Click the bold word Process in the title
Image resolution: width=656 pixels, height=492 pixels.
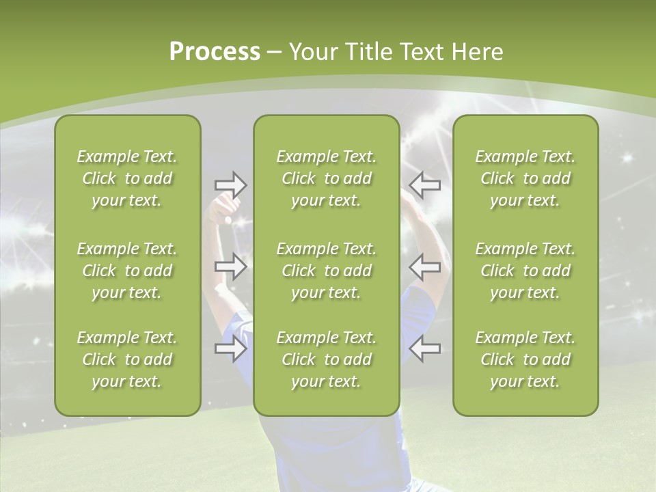pyautogui.click(x=215, y=52)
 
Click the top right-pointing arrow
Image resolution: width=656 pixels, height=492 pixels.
pyautogui.click(x=230, y=184)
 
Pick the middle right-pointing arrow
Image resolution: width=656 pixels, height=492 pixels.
pyautogui.click(x=230, y=266)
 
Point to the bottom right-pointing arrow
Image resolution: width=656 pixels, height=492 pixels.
pyautogui.click(x=230, y=349)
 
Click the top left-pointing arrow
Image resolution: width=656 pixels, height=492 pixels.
pyautogui.click(x=425, y=184)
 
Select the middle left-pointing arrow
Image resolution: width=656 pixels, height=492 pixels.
pyautogui.click(x=425, y=266)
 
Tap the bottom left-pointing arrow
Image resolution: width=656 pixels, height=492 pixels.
pyautogui.click(x=425, y=349)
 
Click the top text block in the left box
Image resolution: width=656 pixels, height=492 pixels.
pyautogui.click(x=127, y=178)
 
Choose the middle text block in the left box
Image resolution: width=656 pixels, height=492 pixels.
pyautogui.click(x=127, y=271)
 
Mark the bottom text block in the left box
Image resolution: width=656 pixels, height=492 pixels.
pyautogui.click(x=127, y=359)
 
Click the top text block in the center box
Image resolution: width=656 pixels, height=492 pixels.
pyautogui.click(x=326, y=178)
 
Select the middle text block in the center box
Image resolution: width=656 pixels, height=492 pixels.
pyautogui.click(x=326, y=271)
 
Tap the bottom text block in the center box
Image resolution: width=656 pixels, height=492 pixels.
pyautogui.click(x=326, y=359)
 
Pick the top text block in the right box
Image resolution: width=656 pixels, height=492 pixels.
pyautogui.click(x=525, y=178)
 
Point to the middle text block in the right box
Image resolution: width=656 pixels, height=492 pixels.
pyautogui.click(x=525, y=271)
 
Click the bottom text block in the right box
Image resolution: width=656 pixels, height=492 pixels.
pyautogui.click(x=525, y=359)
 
